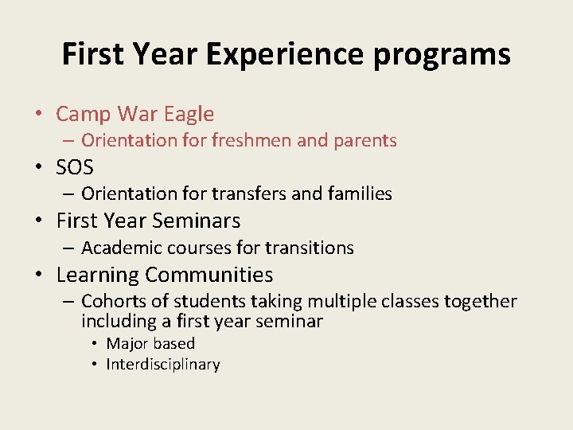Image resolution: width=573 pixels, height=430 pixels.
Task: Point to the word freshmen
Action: click(251, 141)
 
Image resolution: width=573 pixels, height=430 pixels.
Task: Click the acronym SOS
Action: click(75, 168)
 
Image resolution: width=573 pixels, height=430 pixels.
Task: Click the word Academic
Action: click(119, 248)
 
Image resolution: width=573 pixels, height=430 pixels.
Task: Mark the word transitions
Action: click(311, 248)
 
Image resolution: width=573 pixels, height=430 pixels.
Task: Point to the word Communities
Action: click(209, 276)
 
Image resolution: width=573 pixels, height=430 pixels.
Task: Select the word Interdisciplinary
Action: click(163, 365)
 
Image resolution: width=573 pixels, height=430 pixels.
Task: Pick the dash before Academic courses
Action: click(67, 248)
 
